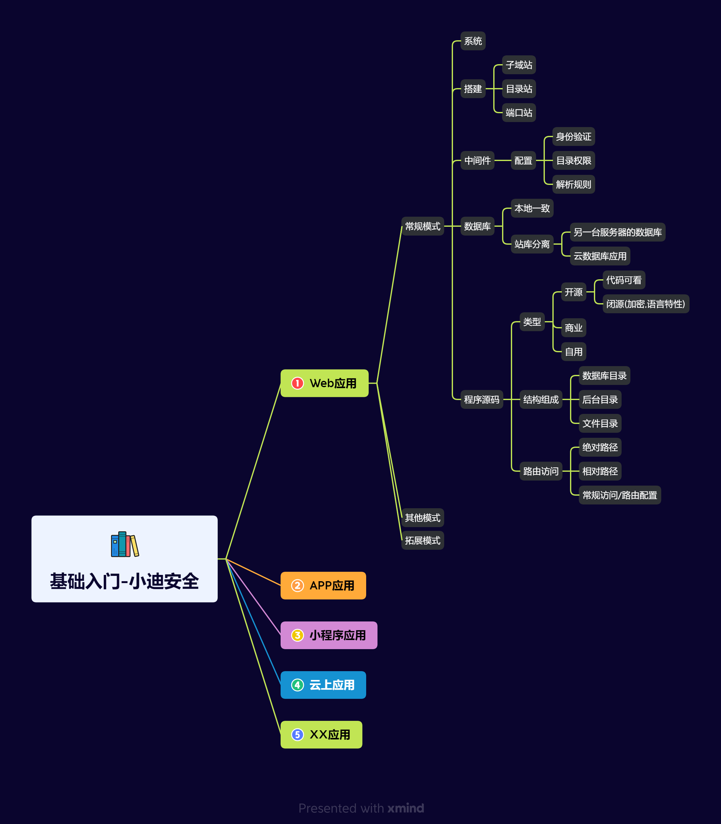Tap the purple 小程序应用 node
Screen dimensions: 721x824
[x=329, y=635]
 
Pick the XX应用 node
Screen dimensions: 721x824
[x=321, y=734]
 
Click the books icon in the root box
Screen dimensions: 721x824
[x=125, y=544]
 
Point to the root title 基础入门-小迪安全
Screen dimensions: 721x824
[x=124, y=581]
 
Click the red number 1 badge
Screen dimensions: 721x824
[x=297, y=383]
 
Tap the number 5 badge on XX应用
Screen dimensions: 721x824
[x=297, y=735]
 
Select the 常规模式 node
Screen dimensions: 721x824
[x=422, y=226]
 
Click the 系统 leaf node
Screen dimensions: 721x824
[x=473, y=41]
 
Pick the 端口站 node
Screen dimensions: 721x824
[x=519, y=113]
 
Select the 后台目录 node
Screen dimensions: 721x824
[x=600, y=399]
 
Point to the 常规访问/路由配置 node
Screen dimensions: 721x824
[x=620, y=495]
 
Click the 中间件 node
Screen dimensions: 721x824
[x=477, y=160]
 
